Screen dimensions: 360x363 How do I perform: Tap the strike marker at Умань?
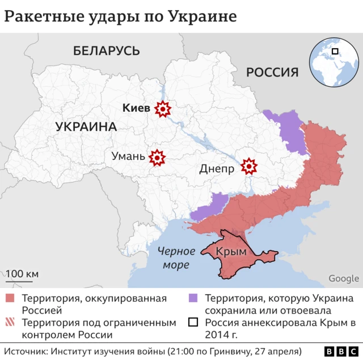pyautogui.click(x=157, y=157)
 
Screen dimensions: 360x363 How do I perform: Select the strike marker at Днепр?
pyautogui.click(x=248, y=167)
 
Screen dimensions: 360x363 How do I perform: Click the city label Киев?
pyautogui.click(x=137, y=108)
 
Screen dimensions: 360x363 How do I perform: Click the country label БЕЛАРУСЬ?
pyautogui.click(x=106, y=50)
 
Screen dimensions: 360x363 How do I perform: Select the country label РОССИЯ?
pyautogui.click(x=272, y=72)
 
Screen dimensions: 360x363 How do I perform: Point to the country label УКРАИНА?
pyautogui.click(x=86, y=126)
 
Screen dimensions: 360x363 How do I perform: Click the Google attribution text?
pyautogui.click(x=344, y=278)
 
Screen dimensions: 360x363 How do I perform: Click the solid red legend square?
pyautogui.click(x=10, y=298)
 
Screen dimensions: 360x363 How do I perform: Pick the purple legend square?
pyautogui.click(x=193, y=298)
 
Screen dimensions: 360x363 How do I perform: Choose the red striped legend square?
pyautogui.click(x=10, y=323)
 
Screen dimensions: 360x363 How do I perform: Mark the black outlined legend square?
pyautogui.click(x=193, y=323)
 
